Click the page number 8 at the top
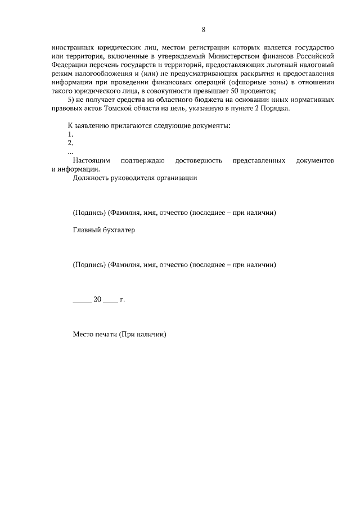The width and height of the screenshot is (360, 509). pos(203,30)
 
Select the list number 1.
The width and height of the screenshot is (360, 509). pos(70,134)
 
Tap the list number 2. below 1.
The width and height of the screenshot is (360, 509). pos(70,143)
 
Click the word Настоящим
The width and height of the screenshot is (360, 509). pos(91,161)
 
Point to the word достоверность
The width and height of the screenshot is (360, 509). pos(197,161)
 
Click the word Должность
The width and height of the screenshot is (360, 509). pos(89,178)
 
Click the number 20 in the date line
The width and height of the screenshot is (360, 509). pos(97,300)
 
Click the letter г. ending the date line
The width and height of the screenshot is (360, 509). pos(122,300)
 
